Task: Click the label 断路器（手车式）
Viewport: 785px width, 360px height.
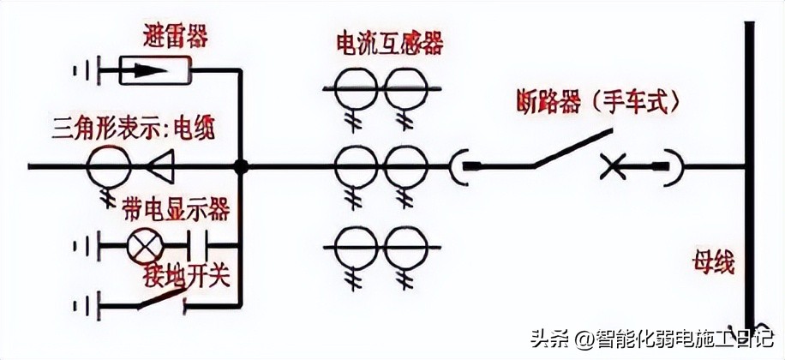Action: pos(599,102)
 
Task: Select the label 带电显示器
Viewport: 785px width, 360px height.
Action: pos(175,208)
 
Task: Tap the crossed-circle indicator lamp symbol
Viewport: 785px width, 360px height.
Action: pos(141,247)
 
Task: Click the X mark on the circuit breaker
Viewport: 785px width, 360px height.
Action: pos(612,165)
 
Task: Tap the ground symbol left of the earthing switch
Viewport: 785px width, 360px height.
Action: pos(87,303)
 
